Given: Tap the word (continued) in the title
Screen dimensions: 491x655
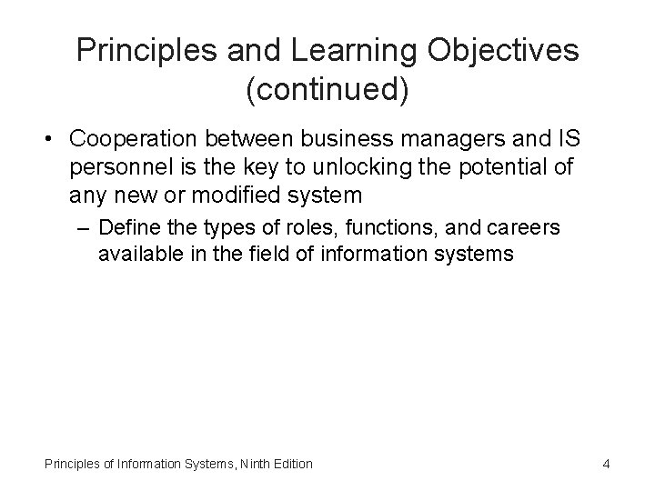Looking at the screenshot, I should coord(327,90).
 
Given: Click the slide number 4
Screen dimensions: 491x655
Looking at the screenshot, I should coord(606,465).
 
